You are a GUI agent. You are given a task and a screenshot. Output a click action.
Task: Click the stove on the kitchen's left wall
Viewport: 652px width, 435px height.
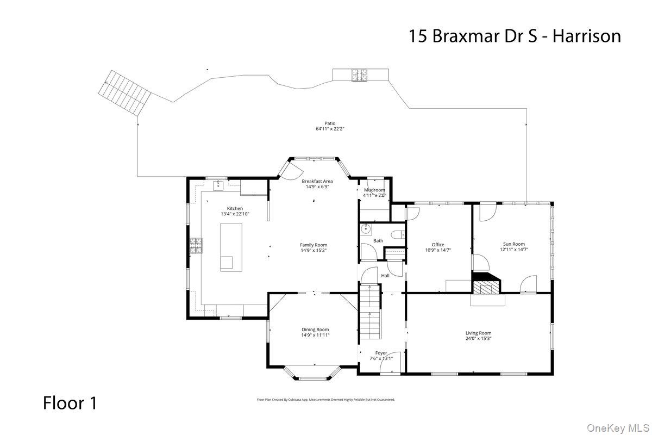click(195, 246)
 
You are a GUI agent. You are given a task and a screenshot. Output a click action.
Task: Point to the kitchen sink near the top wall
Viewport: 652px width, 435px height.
click(218, 186)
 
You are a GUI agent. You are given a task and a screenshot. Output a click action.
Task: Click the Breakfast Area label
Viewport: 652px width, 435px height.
click(317, 181)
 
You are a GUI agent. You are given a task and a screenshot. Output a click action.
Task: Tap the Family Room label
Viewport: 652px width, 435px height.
click(314, 245)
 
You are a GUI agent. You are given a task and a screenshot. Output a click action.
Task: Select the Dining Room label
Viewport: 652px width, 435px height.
click(315, 330)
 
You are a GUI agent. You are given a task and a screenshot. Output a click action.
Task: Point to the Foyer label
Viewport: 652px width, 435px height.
click(381, 353)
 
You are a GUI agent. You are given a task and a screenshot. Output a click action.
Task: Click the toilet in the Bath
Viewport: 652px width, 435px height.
click(399, 235)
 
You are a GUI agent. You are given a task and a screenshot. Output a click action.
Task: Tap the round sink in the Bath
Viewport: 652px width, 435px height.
click(366, 228)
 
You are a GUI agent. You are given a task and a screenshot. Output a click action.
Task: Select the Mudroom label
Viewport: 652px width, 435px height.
click(374, 190)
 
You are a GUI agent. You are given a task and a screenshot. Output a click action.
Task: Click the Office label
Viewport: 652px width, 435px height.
click(438, 245)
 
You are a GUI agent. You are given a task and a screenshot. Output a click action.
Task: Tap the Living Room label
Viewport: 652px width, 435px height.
click(478, 333)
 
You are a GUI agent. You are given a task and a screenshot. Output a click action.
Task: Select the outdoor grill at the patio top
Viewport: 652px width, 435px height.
click(359, 75)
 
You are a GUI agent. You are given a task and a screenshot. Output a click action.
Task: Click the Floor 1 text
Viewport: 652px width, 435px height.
click(70, 403)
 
